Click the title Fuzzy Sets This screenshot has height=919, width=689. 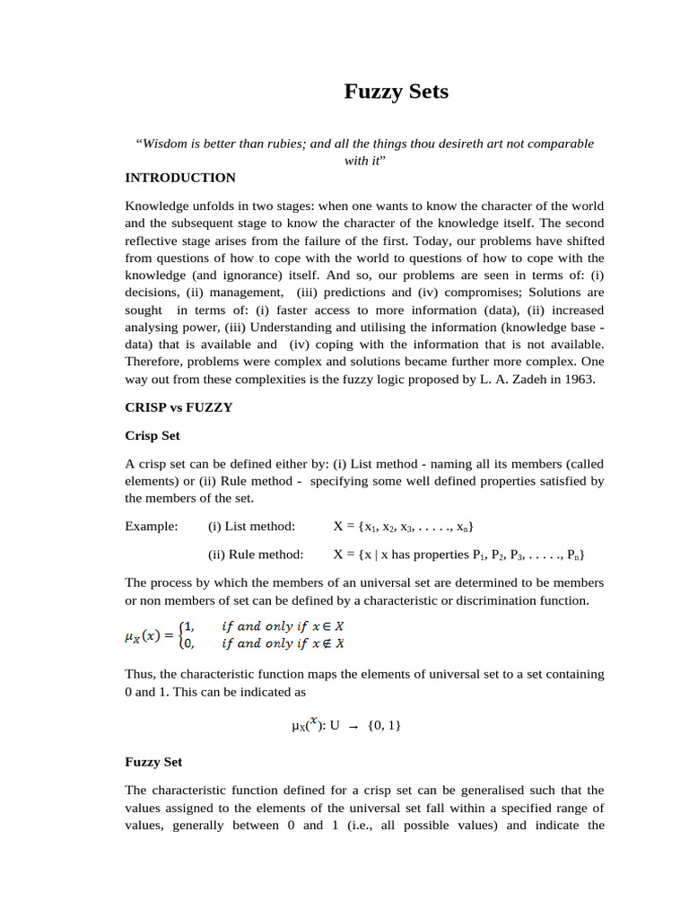396,92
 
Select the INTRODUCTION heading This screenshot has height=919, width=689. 180,178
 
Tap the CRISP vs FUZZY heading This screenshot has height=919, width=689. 179,407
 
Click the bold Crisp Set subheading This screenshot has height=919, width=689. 153,435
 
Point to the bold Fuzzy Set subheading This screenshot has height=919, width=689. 153,761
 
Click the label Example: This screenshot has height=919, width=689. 152,525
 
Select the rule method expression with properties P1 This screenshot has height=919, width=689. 460,555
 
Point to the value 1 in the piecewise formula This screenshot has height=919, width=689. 188,626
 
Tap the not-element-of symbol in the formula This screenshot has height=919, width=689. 328,643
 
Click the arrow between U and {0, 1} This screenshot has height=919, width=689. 353,728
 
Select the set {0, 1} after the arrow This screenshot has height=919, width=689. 384,726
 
